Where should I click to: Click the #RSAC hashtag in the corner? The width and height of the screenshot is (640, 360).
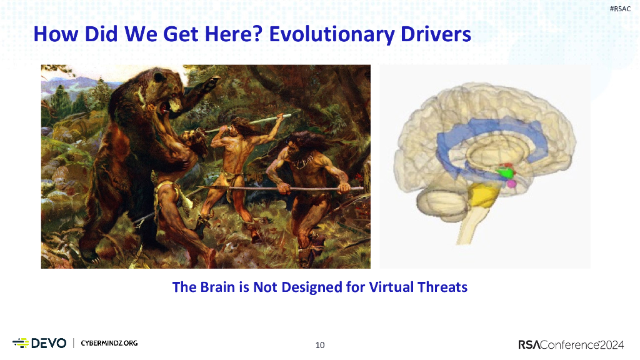pyautogui.click(x=619, y=8)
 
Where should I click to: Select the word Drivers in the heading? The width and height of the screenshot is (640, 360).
pyautogui.click(x=434, y=34)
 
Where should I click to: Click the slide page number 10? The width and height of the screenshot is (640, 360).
pyautogui.click(x=320, y=344)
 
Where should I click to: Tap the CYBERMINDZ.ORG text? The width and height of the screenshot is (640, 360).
pyautogui.click(x=109, y=343)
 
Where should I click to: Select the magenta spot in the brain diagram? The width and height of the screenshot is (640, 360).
pyautogui.click(x=512, y=184)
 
